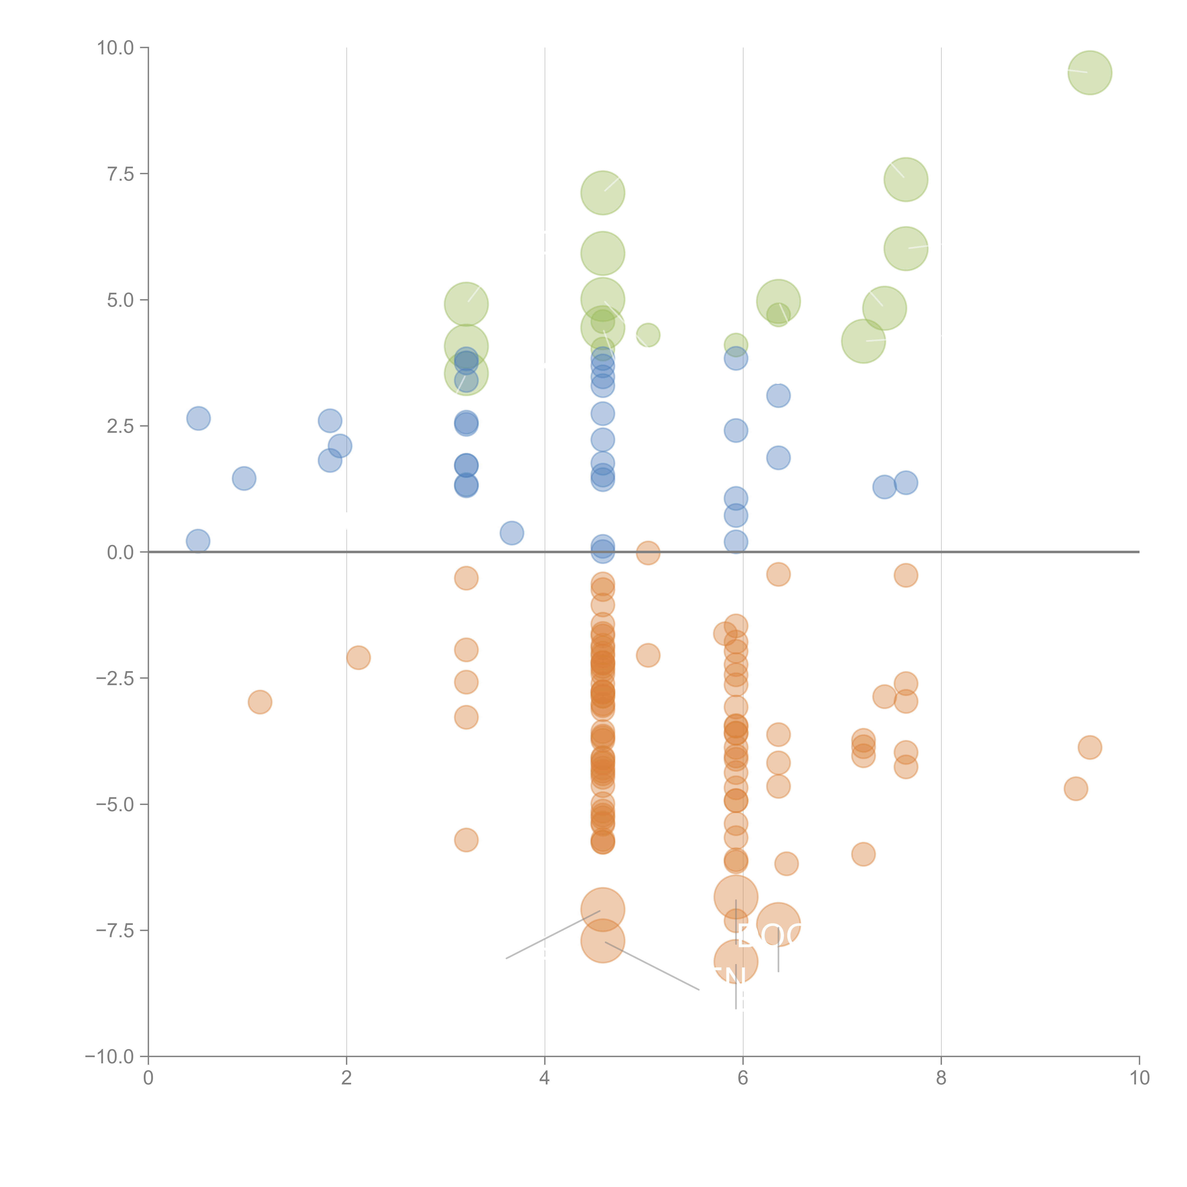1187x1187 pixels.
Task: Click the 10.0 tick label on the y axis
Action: [x=116, y=48]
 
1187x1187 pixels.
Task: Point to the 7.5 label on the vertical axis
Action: [x=120, y=174]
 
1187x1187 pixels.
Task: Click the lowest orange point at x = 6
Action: [x=736, y=961]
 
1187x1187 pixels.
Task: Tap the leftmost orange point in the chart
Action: [x=260, y=702]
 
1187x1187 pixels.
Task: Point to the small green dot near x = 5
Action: [x=648, y=335]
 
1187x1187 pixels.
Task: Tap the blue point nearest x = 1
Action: [x=244, y=479]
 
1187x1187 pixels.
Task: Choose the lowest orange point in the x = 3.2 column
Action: [x=466, y=840]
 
